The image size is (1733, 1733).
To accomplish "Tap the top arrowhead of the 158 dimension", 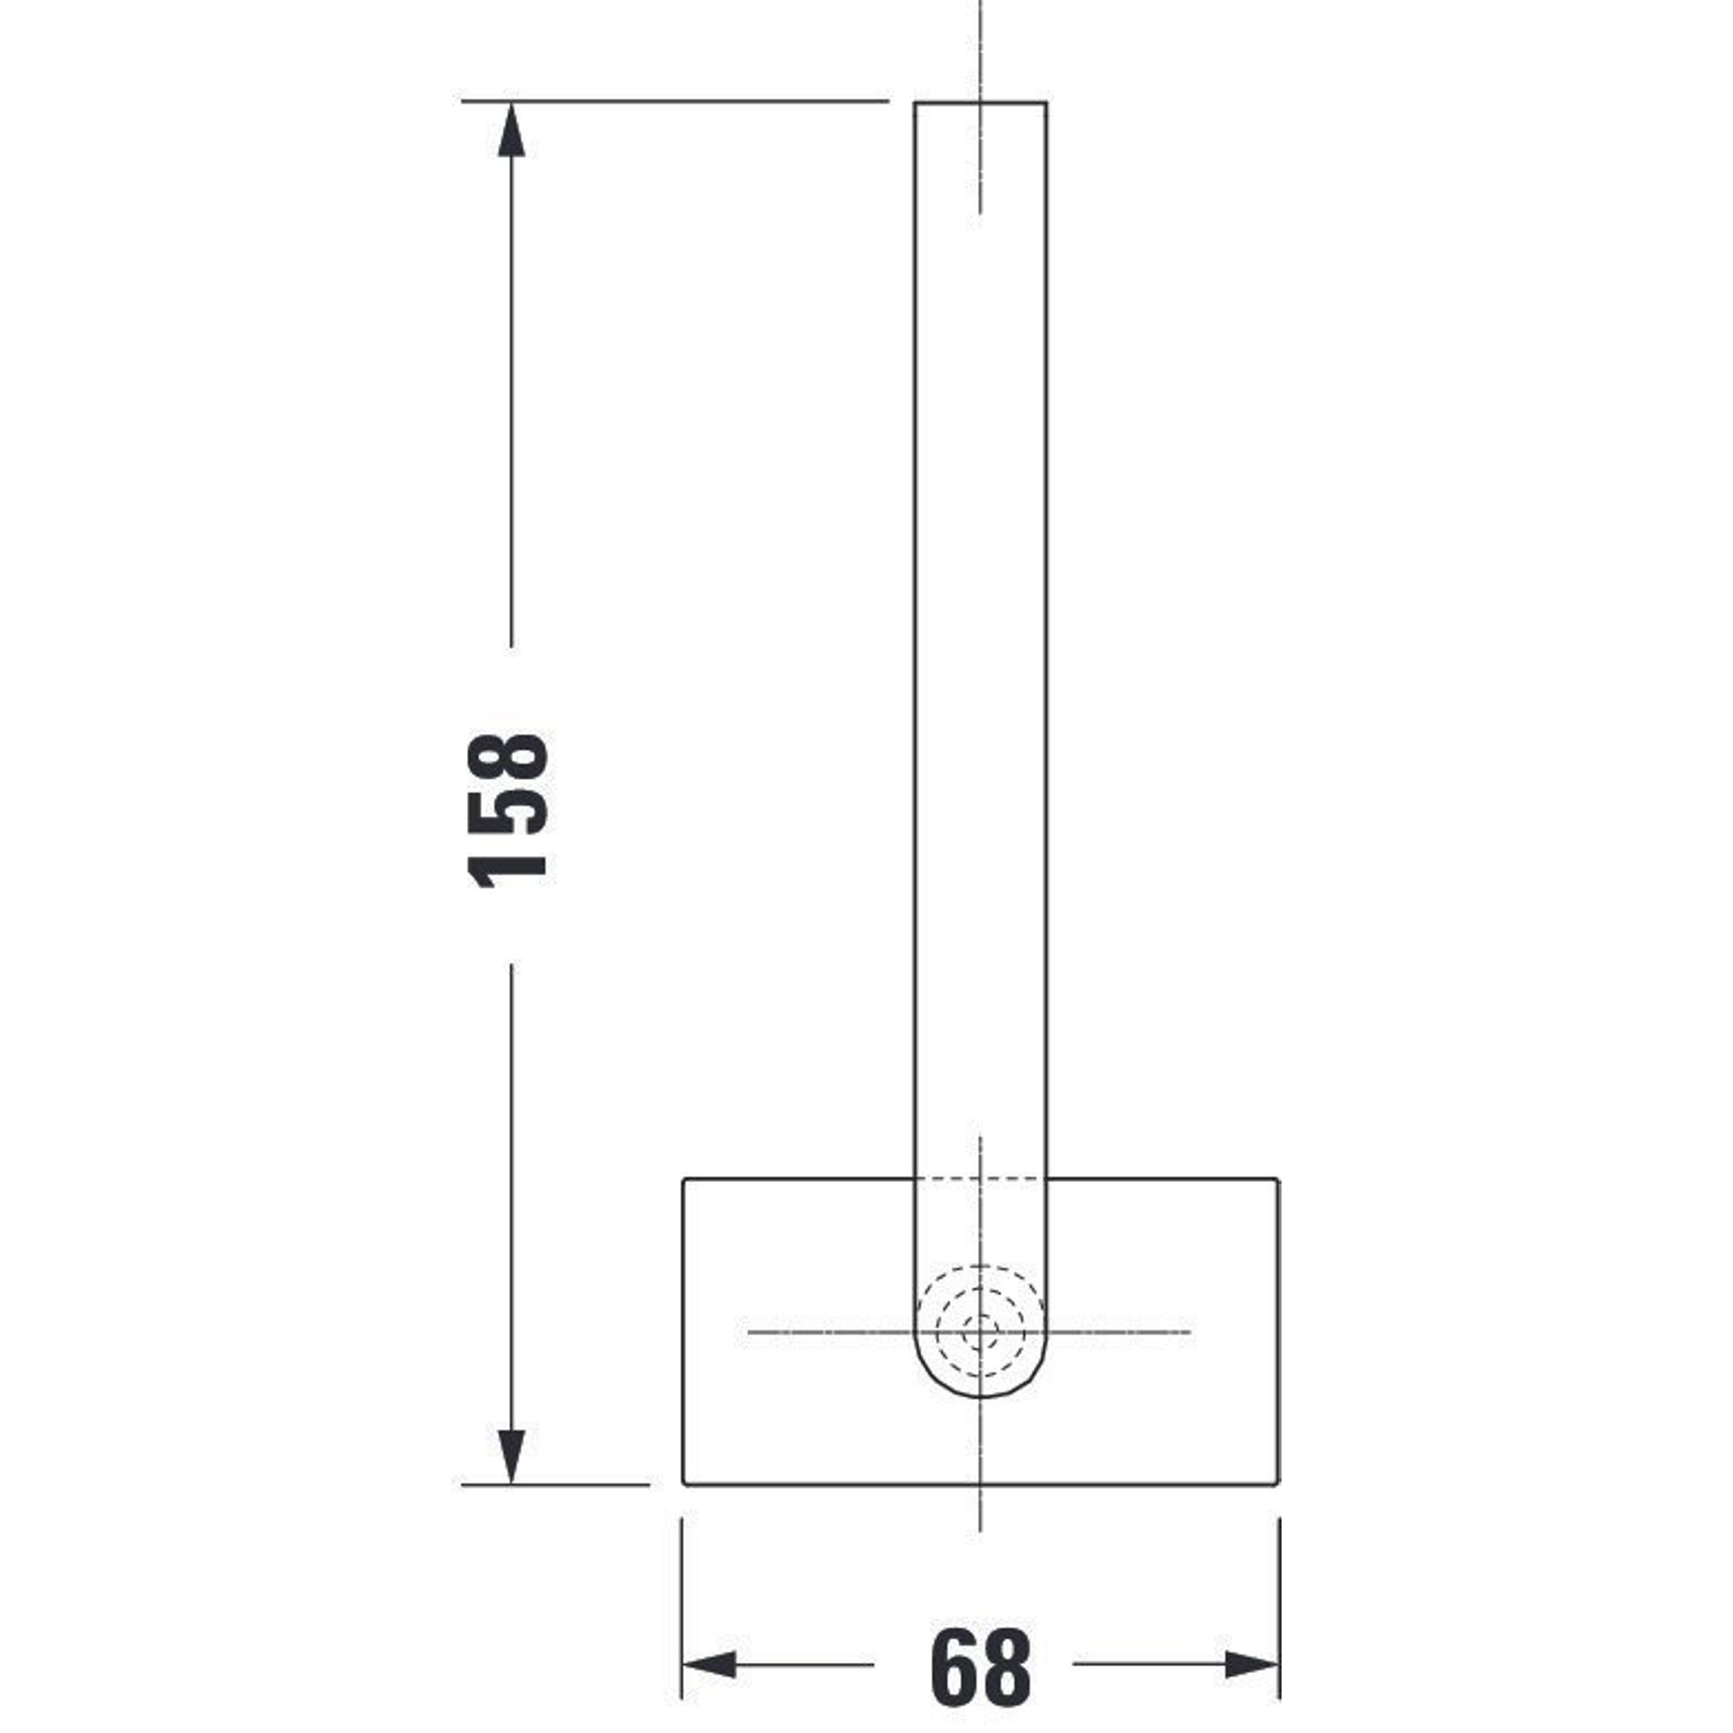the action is click(x=511, y=131).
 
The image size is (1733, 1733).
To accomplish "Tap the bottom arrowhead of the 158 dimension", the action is click(x=510, y=1456).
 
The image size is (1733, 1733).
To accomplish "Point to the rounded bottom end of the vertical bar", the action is click(x=980, y=1398).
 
